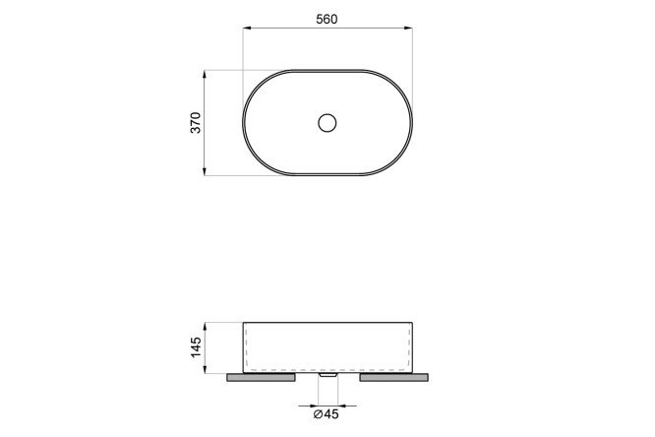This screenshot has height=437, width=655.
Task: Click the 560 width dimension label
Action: point(327,20)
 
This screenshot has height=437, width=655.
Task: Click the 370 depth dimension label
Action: point(196,122)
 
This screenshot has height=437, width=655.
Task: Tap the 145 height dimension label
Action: point(196,347)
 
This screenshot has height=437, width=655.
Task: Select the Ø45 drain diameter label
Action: point(327,414)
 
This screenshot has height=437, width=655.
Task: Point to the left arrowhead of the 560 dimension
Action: point(247,28)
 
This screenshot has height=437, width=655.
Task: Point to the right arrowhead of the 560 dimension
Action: point(408,28)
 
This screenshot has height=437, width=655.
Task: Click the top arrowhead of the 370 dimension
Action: point(205,75)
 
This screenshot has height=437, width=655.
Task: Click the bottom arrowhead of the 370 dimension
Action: point(205,171)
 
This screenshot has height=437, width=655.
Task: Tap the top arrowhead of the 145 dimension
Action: point(205,326)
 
